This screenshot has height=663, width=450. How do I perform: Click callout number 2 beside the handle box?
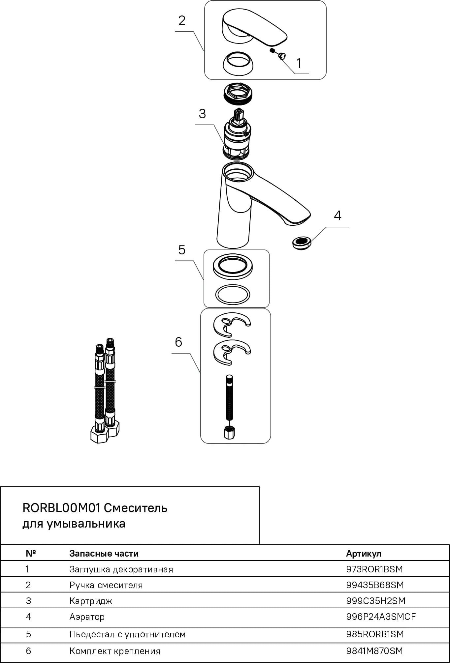click(182, 21)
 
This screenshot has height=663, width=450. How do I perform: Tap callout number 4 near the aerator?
click(337, 216)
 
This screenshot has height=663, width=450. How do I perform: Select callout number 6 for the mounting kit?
click(178, 342)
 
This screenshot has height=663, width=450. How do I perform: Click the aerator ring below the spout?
click(302, 243)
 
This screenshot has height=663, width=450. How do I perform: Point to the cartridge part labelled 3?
click(236, 135)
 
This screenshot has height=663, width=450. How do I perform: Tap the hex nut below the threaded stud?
click(229, 432)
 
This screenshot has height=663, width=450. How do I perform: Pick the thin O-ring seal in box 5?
click(233, 294)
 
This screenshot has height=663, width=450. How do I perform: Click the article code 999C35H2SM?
click(376, 601)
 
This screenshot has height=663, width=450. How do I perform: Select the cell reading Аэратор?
click(87, 617)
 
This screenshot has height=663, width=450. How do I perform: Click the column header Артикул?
click(364, 553)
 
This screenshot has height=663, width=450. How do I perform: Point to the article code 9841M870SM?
click(374, 651)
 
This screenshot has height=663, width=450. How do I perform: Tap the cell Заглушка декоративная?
click(121, 569)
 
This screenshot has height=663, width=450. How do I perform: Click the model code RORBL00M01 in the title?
click(61, 508)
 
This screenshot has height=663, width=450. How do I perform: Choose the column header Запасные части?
click(104, 553)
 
